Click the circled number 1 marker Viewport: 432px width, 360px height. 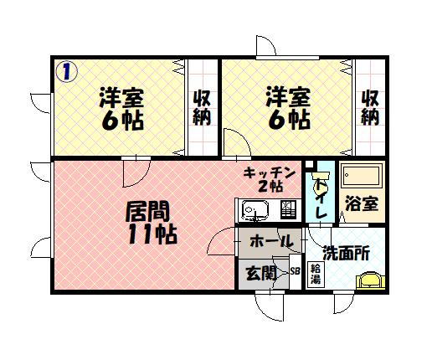click(66, 71)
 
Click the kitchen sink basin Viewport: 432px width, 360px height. click(255, 209)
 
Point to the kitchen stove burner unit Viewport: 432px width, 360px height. click(288, 209)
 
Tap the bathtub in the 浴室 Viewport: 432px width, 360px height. click(362, 177)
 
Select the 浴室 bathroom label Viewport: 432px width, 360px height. click(362, 203)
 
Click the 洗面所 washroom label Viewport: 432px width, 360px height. click(347, 254)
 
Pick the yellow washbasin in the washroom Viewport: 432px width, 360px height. click(371, 281)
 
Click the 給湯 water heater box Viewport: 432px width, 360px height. click(316, 275)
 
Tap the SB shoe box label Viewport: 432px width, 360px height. click(295, 270)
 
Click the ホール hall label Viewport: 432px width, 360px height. click(271, 241)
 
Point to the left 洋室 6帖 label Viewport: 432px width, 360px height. click(121, 109)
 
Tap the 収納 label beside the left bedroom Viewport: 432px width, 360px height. click(202, 108)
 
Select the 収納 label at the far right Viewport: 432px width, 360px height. click(370, 108)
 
